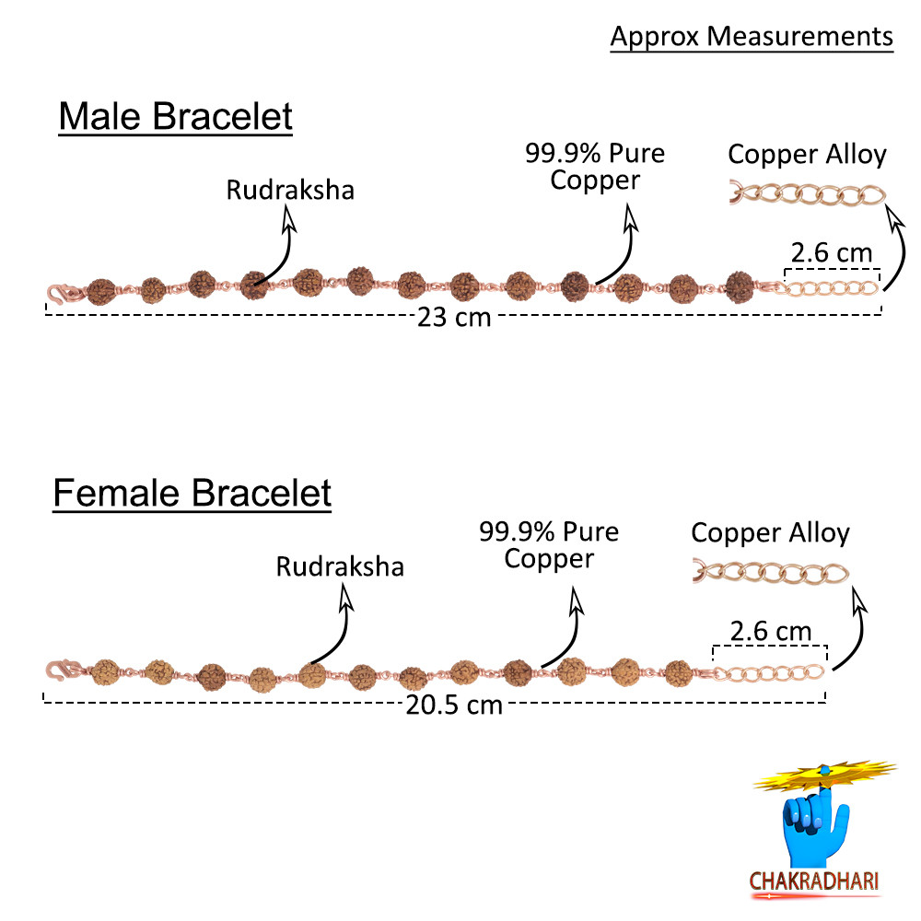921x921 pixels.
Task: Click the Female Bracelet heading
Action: pyautogui.click(x=192, y=493)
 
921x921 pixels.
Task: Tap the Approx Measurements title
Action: pyautogui.click(x=752, y=36)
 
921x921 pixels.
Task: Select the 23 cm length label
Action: pyautogui.click(x=454, y=319)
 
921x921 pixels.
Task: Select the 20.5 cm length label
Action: pyautogui.click(x=454, y=705)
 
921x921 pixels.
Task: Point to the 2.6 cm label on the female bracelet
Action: pyautogui.click(x=770, y=631)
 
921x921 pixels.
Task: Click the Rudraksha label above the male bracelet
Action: pyautogui.click(x=290, y=191)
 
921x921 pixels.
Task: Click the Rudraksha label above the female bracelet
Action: pyautogui.click(x=340, y=565)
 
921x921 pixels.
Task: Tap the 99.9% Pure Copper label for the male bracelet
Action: pyautogui.click(x=595, y=166)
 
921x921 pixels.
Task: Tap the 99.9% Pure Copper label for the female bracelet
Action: pyautogui.click(x=549, y=544)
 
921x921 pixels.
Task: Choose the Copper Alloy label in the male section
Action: pyautogui.click(x=807, y=154)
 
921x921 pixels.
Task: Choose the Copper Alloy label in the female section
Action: pyautogui.click(x=770, y=532)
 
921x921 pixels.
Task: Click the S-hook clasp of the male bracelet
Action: pyautogui.click(x=60, y=294)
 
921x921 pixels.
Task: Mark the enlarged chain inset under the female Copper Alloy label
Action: pyautogui.click(x=770, y=574)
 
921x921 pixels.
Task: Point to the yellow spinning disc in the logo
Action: pyautogui.click(x=825, y=776)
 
